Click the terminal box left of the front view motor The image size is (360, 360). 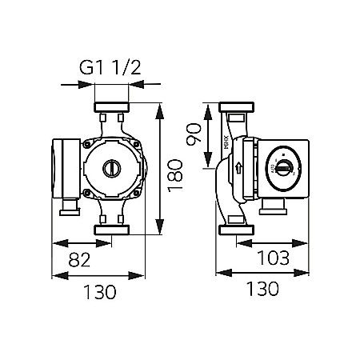pyautogui.click(x=66, y=170)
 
